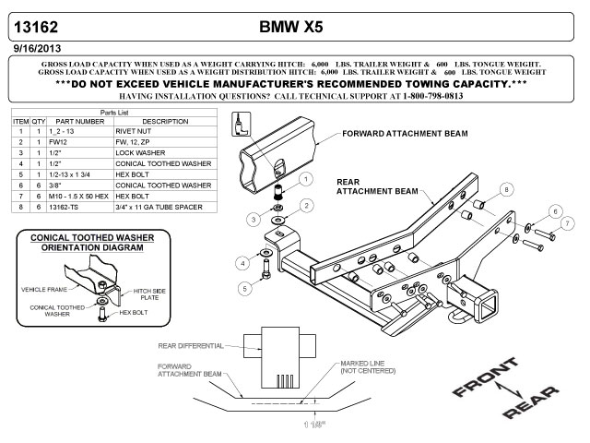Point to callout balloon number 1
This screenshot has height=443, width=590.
tap(304, 177)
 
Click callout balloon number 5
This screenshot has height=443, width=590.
tap(244, 289)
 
